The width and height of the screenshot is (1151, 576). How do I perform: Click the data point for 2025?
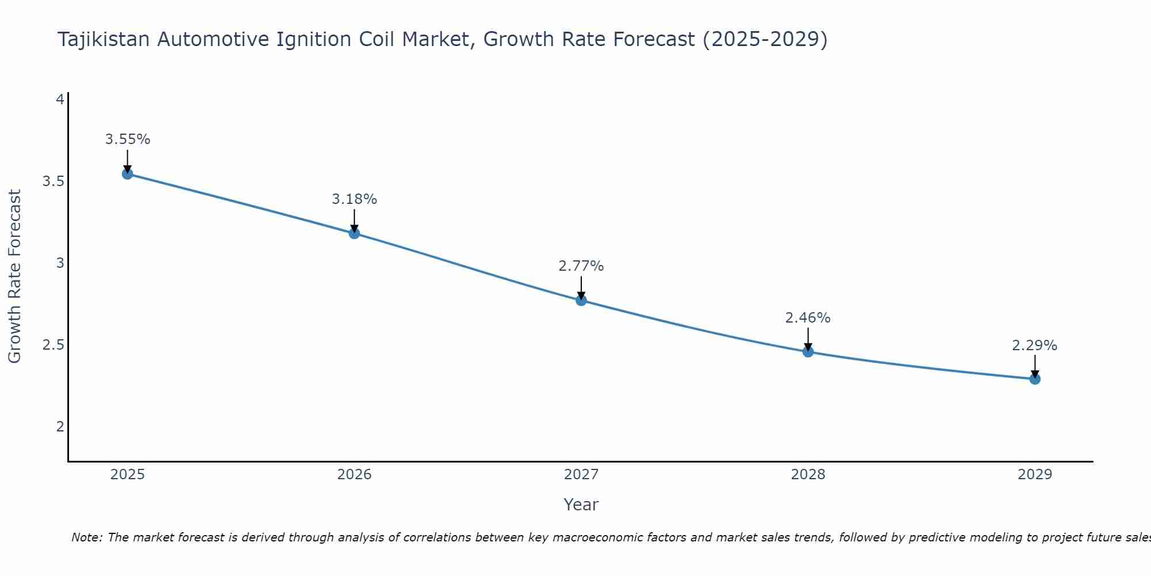click(x=127, y=174)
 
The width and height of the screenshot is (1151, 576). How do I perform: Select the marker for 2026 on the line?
click(x=354, y=233)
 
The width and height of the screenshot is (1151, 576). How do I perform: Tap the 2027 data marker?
click(x=581, y=300)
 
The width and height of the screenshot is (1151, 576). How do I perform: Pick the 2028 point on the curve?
click(x=808, y=351)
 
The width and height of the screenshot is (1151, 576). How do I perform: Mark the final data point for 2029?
click(x=1035, y=379)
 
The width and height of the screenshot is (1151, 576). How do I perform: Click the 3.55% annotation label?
click(x=127, y=139)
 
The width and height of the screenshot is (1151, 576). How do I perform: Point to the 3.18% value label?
click(x=354, y=199)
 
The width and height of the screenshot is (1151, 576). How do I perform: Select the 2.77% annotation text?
click(x=581, y=266)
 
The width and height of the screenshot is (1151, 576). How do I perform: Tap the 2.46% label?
click(x=808, y=318)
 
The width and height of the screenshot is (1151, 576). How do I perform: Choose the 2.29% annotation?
click(x=1035, y=346)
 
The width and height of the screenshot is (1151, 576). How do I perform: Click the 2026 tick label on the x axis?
click(x=354, y=475)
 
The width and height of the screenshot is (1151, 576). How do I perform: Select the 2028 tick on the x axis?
click(x=808, y=475)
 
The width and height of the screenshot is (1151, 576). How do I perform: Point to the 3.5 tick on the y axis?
click(x=53, y=181)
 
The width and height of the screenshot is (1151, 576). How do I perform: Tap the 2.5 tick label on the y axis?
click(x=53, y=345)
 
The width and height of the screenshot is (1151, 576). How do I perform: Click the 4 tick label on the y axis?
click(x=59, y=100)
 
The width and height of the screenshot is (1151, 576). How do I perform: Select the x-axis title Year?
click(x=581, y=505)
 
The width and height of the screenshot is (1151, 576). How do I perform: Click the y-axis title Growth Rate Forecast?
click(x=14, y=276)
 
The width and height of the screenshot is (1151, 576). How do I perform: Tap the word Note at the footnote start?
click(x=86, y=537)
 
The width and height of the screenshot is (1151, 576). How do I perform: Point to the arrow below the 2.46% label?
click(x=808, y=338)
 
